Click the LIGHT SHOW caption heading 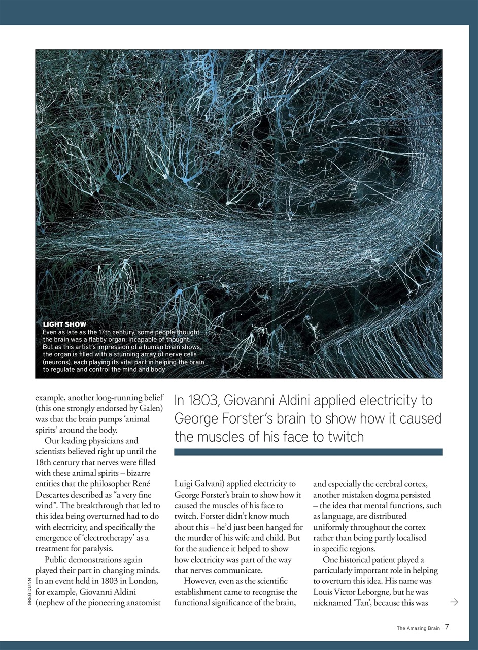pos(64,324)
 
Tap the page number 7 pos(447,627)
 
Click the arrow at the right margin pos(454,602)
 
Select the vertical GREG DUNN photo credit pos(29,592)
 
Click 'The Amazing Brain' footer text pos(418,628)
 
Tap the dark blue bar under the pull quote pos(308,452)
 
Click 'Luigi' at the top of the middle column pos(184,484)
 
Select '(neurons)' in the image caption pos(59,362)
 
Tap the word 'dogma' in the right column pos(389,495)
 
